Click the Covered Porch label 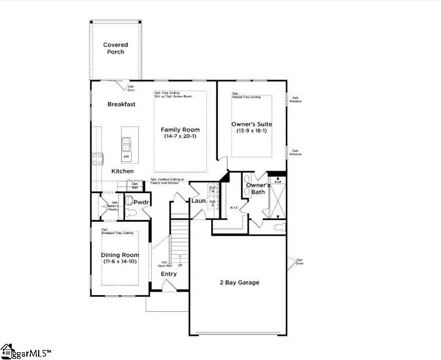[115, 48]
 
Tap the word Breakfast [122, 104]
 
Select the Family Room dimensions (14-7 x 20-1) [180, 137]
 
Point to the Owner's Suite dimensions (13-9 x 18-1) [252, 131]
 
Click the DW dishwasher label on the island [127, 156]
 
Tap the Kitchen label [122, 171]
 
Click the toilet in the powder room [130, 201]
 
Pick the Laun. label [199, 200]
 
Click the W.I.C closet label [234, 208]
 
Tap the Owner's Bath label [258, 189]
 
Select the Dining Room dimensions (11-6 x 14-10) [119, 261]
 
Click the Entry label [168, 274]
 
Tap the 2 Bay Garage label [239, 283]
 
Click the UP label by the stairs [180, 264]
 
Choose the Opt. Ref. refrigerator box [134, 185]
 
